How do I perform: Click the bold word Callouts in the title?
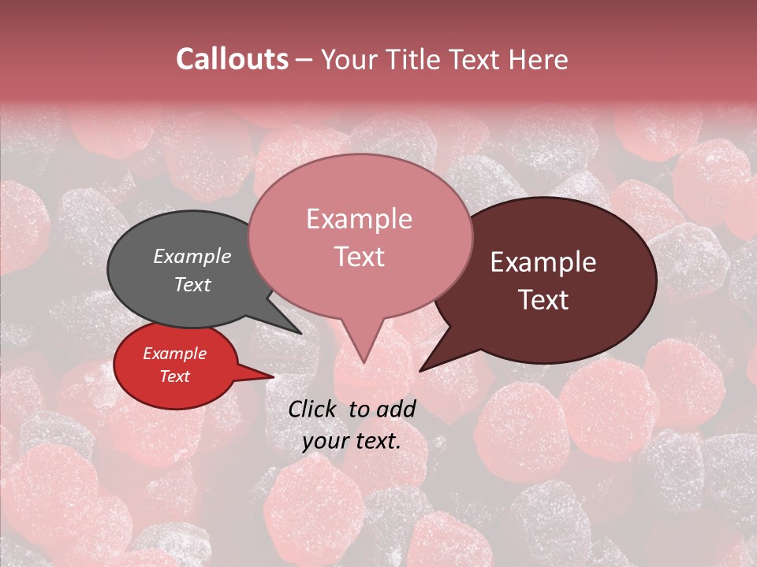pos(232,59)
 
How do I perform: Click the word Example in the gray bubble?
pos(192,256)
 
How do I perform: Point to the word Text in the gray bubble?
pos(192,284)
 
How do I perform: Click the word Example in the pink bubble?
pos(359,219)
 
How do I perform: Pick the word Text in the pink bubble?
pos(359,257)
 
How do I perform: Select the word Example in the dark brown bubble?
pos(543,262)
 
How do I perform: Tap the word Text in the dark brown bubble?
pos(543,300)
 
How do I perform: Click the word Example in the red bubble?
pos(174,354)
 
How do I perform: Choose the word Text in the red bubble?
pos(174,376)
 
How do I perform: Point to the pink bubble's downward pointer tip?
pos(363,362)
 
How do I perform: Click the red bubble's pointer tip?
pos(273,377)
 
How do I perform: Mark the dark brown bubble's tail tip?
pos(420,371)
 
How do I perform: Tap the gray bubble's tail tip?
pos(301,333)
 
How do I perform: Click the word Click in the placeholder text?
pos(314,409)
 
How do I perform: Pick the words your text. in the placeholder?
pos(352,441)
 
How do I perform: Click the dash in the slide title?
pos(304,60)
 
